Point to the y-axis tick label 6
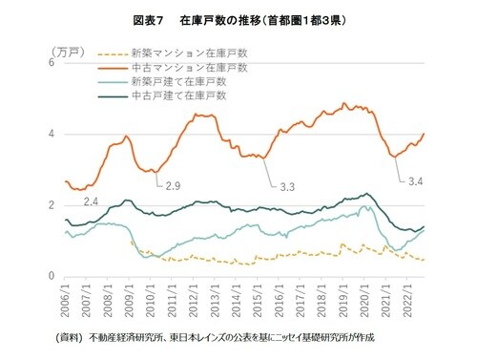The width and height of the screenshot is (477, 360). point(51,63)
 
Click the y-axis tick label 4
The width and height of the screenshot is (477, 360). point(51,134)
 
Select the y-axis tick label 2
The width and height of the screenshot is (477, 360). point(51,205)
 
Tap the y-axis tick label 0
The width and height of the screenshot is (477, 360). point(51,277)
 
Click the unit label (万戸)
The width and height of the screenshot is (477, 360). point(64,48)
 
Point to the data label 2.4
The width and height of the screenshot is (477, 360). point(93,201)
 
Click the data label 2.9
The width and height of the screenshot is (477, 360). point(174,184)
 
